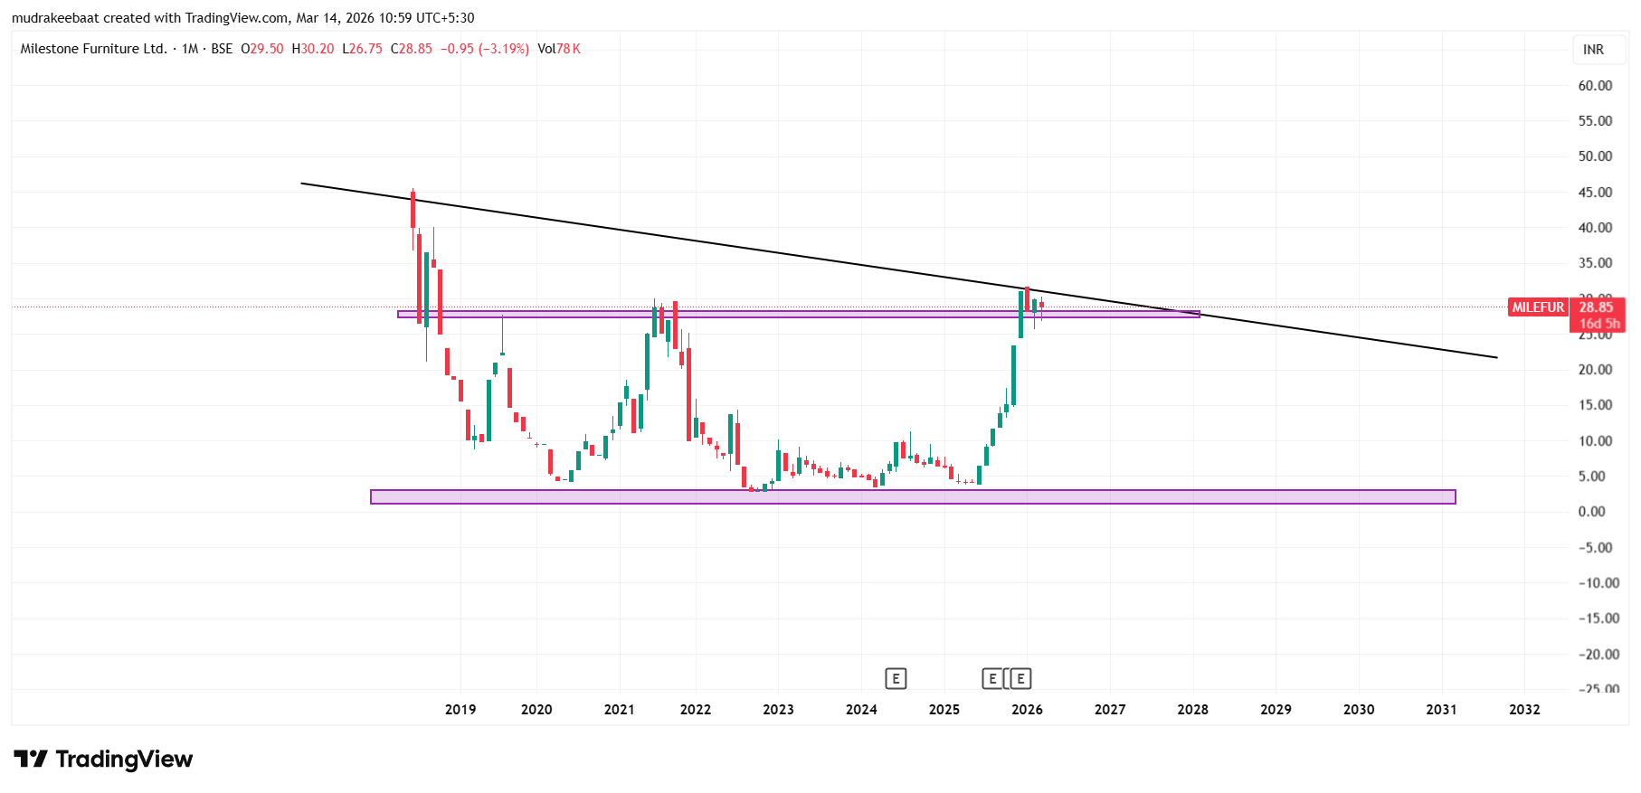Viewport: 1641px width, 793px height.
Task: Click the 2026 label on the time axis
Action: (x=1027, y=710)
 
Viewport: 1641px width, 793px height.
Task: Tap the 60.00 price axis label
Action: (x=1595, y=86)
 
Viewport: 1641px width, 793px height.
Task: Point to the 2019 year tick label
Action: (x=460, y=710)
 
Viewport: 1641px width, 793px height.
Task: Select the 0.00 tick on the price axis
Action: (x=1591, y=512)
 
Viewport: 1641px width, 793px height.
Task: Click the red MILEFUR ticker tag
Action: (x=1538, y=307)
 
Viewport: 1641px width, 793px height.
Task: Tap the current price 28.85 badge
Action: (x=1597, y=307)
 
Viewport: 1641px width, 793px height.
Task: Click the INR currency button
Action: (x=1593, y=50)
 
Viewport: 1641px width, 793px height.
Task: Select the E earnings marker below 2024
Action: (x=896, y=678)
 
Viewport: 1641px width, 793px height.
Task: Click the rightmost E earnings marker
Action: (x=1020, y=678)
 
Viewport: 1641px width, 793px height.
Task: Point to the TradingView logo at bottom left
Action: (x=103, y=760)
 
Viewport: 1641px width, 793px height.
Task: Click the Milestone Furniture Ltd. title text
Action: (x=93, y=49)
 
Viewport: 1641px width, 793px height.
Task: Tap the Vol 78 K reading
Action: (x=559, y=49)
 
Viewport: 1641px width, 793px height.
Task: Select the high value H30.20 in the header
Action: (x=313, y=49)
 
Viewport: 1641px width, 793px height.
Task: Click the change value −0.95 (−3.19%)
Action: (x=485, y=49)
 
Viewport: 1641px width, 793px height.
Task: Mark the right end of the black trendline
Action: (x=1497, y=357)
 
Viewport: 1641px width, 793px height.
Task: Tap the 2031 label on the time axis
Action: (x=1441, y=710)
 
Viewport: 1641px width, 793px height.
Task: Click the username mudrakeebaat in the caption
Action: (x=55, y=18)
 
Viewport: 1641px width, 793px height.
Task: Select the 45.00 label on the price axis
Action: (x=1595, y=193)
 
